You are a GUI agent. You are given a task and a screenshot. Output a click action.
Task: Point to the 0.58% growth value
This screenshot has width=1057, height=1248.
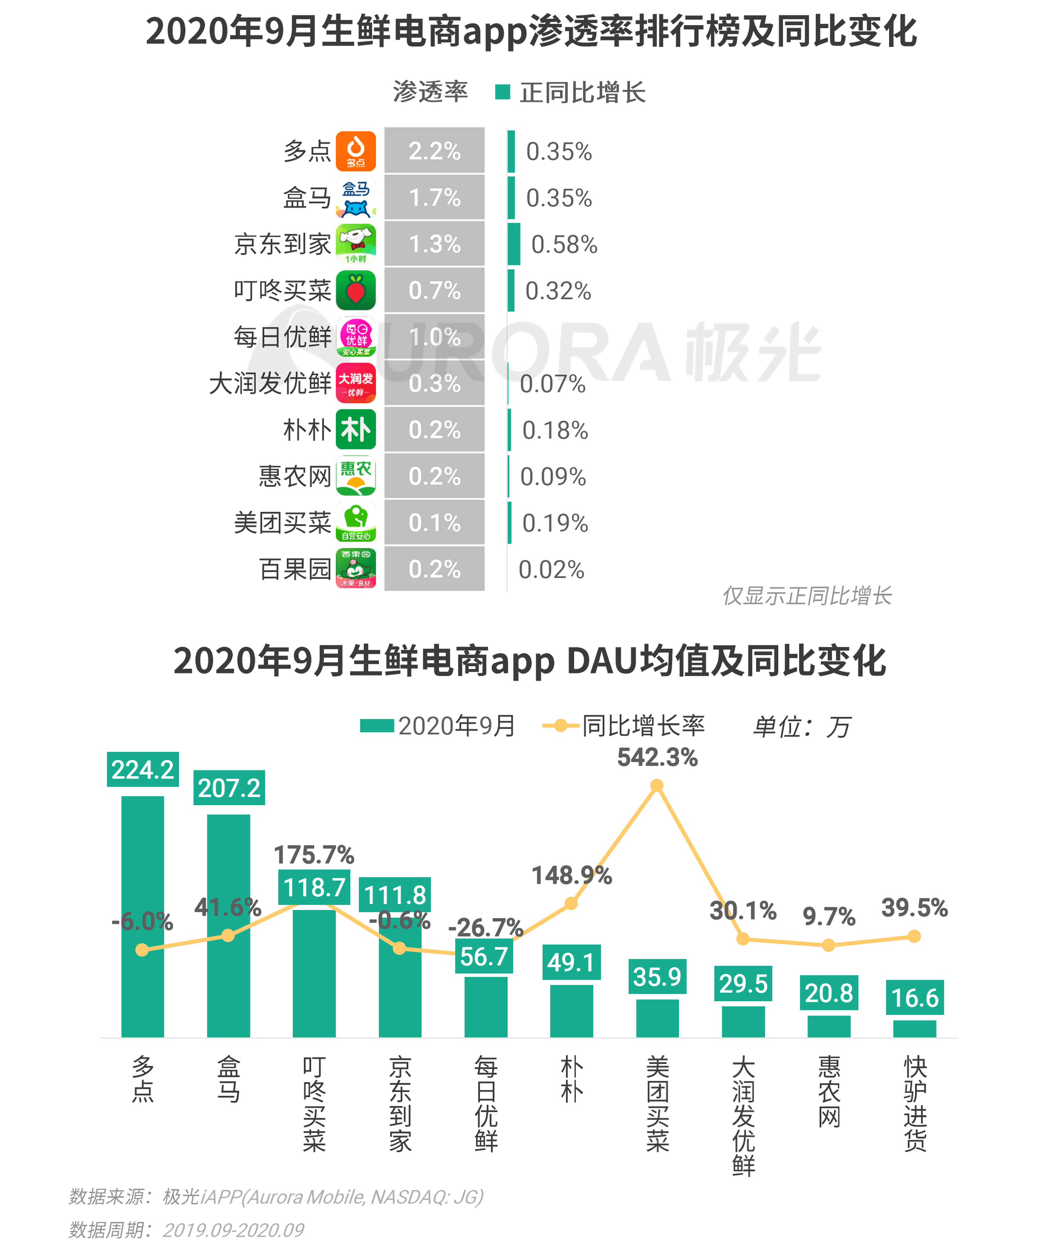[564, 244]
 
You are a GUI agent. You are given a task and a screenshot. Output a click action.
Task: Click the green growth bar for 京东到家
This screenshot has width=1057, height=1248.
[513, 244]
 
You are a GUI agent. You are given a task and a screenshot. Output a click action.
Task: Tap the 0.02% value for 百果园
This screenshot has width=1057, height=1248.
[551, 569]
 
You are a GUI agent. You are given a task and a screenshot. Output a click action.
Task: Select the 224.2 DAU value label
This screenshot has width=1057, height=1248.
[143, 769]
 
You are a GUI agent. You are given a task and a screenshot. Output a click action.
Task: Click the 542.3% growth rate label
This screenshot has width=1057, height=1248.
[657, 757]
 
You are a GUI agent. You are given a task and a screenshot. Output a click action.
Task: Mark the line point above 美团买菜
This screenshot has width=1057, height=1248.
[657, 785]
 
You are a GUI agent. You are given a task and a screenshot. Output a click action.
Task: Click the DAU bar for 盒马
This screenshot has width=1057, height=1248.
[228, 926]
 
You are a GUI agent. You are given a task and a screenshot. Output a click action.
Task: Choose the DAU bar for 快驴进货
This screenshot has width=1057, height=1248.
[914, 1029]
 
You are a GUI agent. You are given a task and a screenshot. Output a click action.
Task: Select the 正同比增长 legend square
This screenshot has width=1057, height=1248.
[502, 92]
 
